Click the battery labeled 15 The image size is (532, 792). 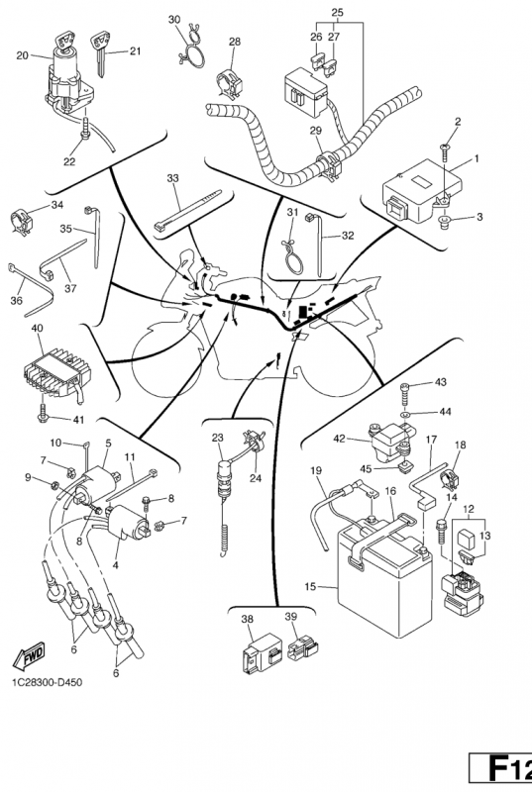[384, 581]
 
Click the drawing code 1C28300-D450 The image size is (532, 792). [47, 683]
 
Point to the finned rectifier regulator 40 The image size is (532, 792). [55, 373]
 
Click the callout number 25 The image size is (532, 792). [338, 12]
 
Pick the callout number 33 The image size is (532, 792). [172, 178]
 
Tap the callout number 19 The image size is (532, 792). [316, 471]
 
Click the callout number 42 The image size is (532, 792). [339, 439]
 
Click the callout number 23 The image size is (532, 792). [217, 438]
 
